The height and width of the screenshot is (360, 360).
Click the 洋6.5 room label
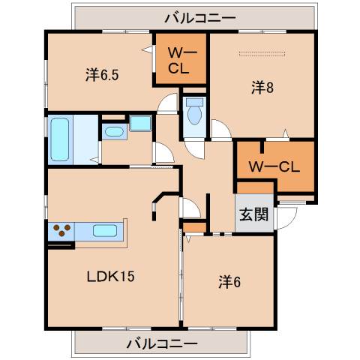point(100,74)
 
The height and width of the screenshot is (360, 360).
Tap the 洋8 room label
point(261,88)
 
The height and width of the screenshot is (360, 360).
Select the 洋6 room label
point(229,282)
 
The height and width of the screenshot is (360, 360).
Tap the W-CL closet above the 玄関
point(274,166)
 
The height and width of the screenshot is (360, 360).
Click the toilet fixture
point(195,112)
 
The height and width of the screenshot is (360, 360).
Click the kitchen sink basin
point(105,231)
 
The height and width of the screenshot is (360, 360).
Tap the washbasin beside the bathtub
point(113,133)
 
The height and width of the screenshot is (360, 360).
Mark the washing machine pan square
point(140,124)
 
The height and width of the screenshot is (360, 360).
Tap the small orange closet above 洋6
point(194,226)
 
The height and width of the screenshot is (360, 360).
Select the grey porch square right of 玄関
point(286,217)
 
